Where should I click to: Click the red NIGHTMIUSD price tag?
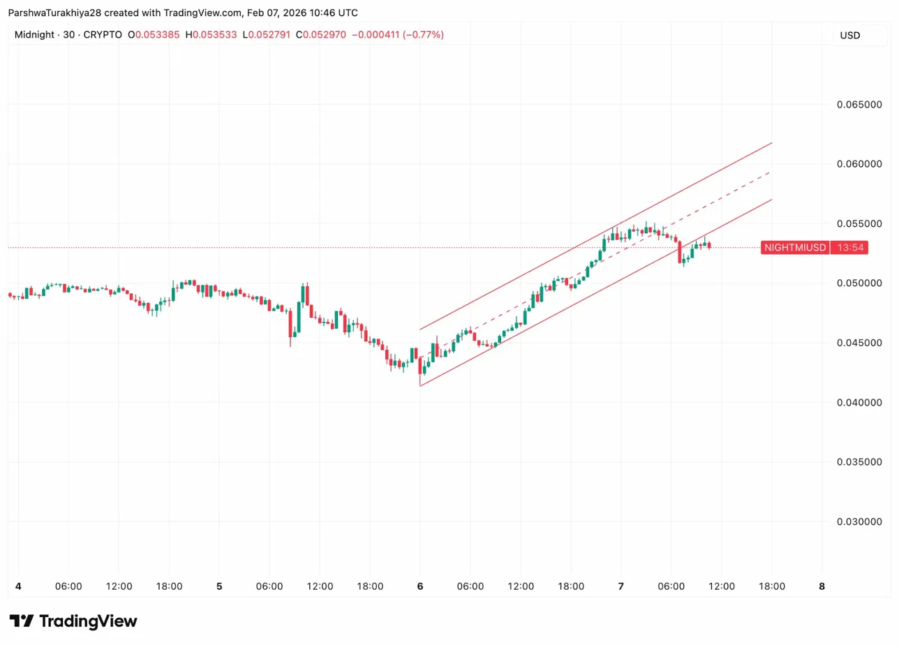pyautogui.click(x=795, y=248)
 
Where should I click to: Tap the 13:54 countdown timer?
pyautogui.click(x=849, y=248)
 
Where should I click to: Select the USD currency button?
pyautogui.click(x=849, y=35)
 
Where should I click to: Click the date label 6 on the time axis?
pyautogui.click(x=420, y=586)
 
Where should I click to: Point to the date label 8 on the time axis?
pyautogui.click(x=822, y=586)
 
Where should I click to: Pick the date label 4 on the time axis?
pyautogui.click(x=18, y=586)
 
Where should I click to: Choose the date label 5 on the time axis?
pyautogui.click(x=219, y=586)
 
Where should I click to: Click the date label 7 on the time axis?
pyautogui.click(x=621, y=586)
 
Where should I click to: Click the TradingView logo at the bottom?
pyautogui.click(x=73, y=621)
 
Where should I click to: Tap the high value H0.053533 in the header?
pyautogui.click(x=211, y=35)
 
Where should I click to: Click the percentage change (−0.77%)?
pyautogui.click(x=423, y=35)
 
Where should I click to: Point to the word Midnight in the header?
pyautogui.click(x=34, y=35)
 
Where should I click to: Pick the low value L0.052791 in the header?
pyautogui.click(x=268, y=35)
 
